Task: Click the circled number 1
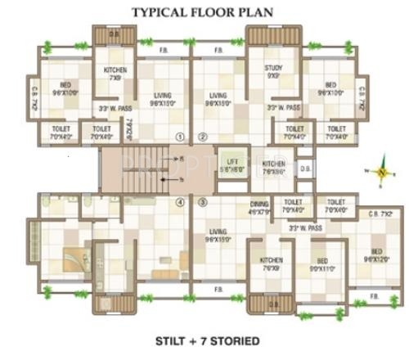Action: click(x=180, y=137)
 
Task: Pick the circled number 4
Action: click(x=180, y=201)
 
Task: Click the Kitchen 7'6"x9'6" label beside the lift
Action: click(x=274, y=168)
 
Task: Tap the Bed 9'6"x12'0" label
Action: click(x=376, y=254)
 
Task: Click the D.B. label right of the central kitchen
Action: click(x=304, y=169)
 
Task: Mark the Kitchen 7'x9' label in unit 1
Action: click(x=115, y=74)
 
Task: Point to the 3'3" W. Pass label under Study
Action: click(x=283, y=107)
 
